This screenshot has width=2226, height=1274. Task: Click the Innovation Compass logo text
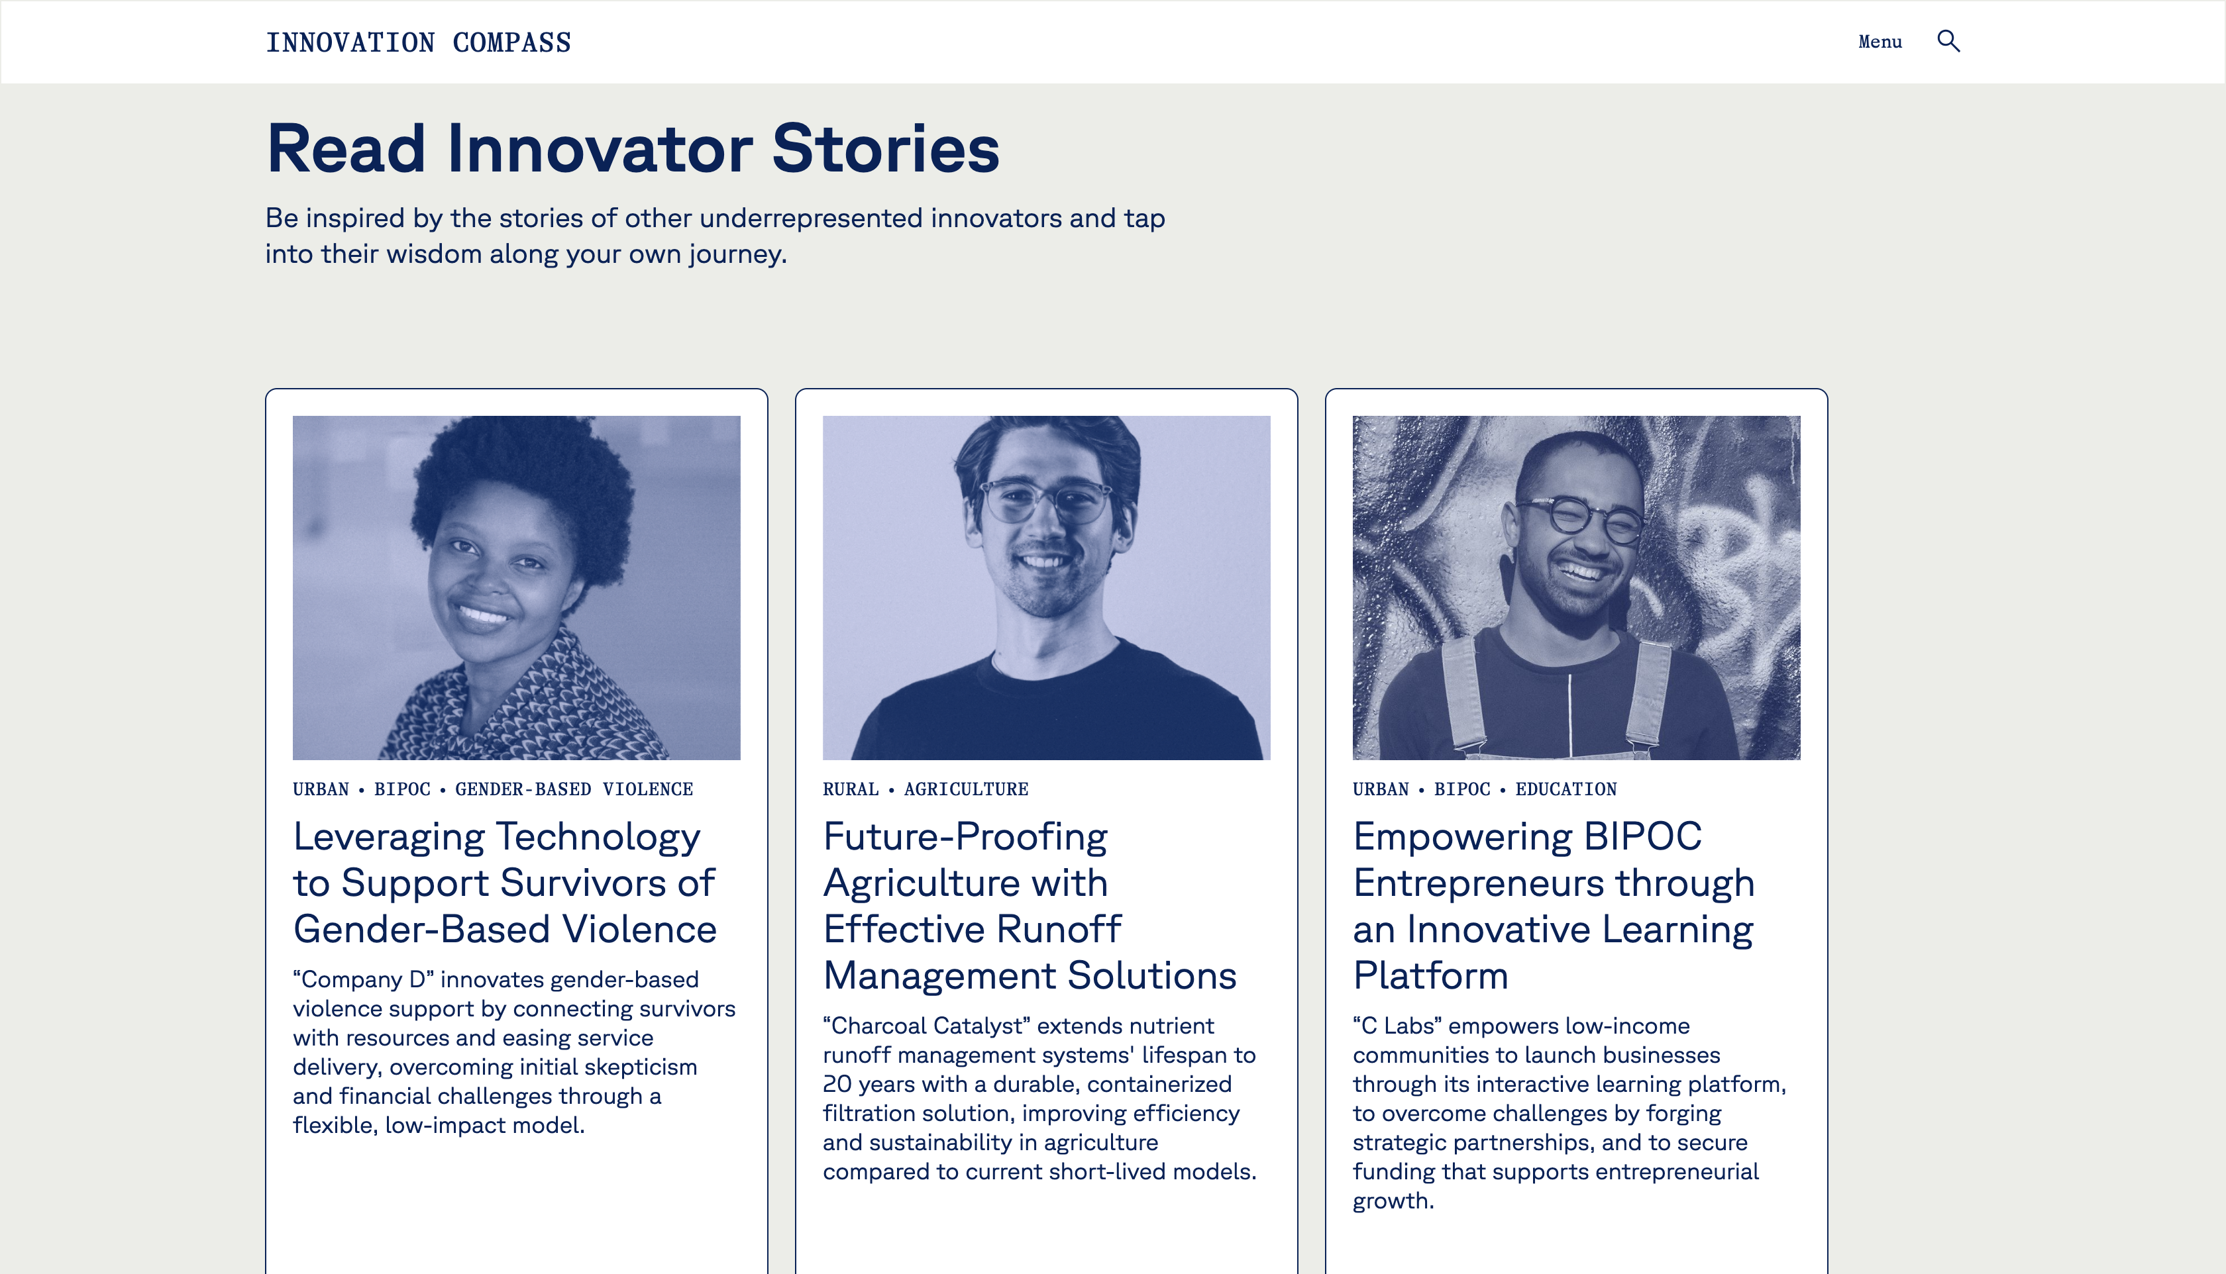419,42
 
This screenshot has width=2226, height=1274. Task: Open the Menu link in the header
1880,41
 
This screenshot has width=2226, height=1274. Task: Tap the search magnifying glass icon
1948,41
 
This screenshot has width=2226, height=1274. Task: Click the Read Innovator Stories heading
633,148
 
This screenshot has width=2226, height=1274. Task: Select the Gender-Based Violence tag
574,789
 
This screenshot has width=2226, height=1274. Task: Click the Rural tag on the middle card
851,789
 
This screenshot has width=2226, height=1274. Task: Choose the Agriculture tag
967,789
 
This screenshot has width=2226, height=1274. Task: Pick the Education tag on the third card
1566,789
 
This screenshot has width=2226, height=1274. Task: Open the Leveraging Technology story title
505,882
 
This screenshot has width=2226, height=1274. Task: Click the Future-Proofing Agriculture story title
1030,906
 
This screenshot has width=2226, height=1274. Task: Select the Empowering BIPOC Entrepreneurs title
1554,906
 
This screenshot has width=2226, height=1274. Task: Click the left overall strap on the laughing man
1464,696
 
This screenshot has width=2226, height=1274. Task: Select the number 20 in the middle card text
837,1084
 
